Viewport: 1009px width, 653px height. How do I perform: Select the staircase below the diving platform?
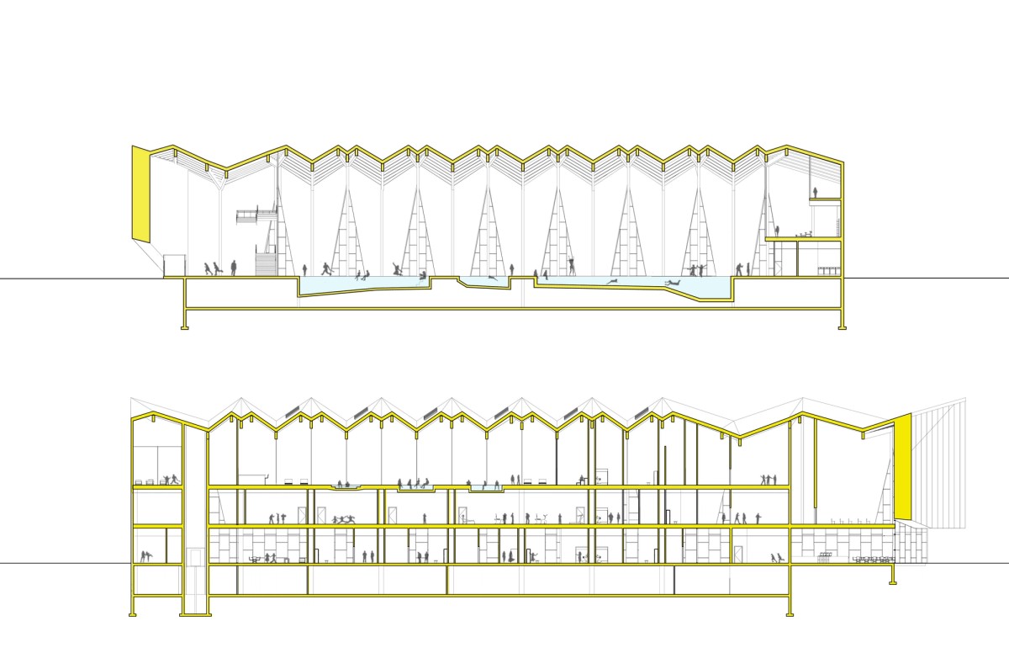click(x=265, y=264)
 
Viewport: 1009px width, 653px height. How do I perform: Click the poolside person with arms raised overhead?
click(x=573, y=267)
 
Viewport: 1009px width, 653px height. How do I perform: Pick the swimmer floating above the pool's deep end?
click(x=672, y=284)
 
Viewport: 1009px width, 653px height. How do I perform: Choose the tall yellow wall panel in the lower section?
click(x=902, y=467)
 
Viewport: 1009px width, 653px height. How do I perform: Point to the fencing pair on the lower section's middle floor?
click(x=344, y=519)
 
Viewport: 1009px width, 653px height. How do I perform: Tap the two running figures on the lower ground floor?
click(x=778, y=557)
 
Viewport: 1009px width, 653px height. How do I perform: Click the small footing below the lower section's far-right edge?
click(x=892, y=578)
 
